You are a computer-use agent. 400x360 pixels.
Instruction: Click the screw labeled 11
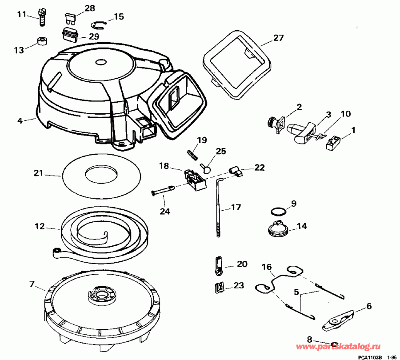[43, 17]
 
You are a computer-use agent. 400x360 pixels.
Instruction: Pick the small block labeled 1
[334, 143]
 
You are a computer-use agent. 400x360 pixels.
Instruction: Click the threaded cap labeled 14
[279, 228]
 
